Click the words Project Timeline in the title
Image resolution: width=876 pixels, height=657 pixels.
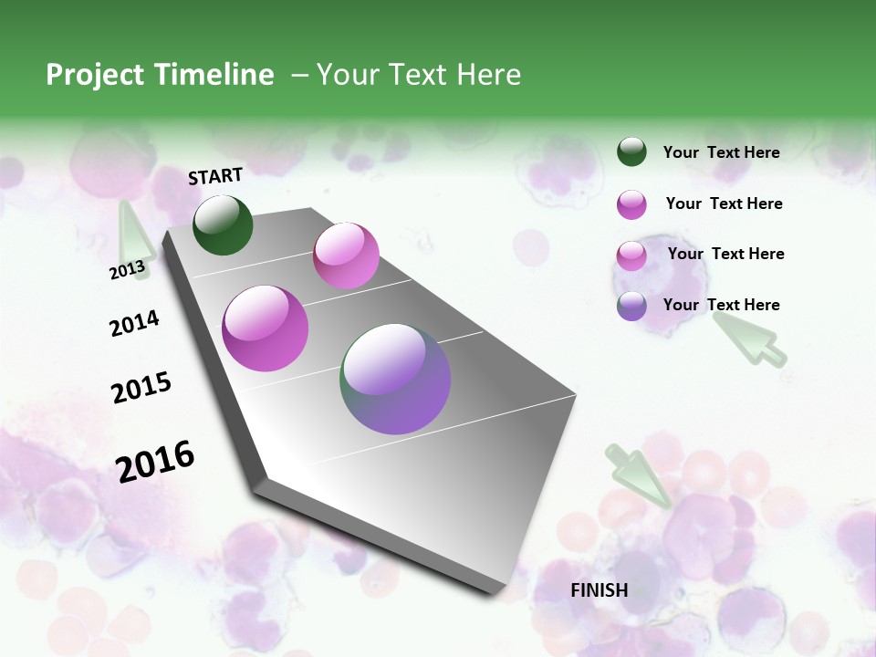pyautogui.click(x=160, y=75)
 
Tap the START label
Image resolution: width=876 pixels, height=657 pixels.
pyautogui.click(x=215, y=176)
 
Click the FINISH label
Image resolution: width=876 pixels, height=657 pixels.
pyautogui.click(x=599, y=590)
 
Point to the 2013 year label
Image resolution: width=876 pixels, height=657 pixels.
pyautogui.click(x=127, y=270)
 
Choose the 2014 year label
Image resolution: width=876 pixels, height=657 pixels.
pyautogui.click(x=134, y=323)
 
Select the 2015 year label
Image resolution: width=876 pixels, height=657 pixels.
pyautogui.click(x=141, y=388)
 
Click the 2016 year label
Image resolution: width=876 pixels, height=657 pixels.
pyautogui.click(x=155, y=461)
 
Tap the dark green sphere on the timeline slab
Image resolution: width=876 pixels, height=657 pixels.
pyautogui.click(x=223, y=224)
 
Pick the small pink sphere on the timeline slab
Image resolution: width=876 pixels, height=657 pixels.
pyautogui.click(x=346, y=255)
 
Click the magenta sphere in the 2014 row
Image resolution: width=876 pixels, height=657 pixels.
pyautogui.click(x=265, y=328)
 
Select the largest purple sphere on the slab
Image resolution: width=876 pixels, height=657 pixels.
pyautogui.click(x=395, y=379)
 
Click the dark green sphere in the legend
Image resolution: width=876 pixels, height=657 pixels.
pyautogui.click(x=631, y=151)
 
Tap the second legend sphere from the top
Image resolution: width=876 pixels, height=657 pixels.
pyautogui.click(x=631, y=204)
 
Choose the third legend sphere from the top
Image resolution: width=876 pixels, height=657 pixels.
pyautogui.click(x=631, y=255)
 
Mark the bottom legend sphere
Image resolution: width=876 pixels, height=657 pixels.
pyautogui.click(x=631, y=306)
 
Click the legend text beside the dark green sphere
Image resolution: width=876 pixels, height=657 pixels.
pyautogui.click(x=721, y=152)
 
